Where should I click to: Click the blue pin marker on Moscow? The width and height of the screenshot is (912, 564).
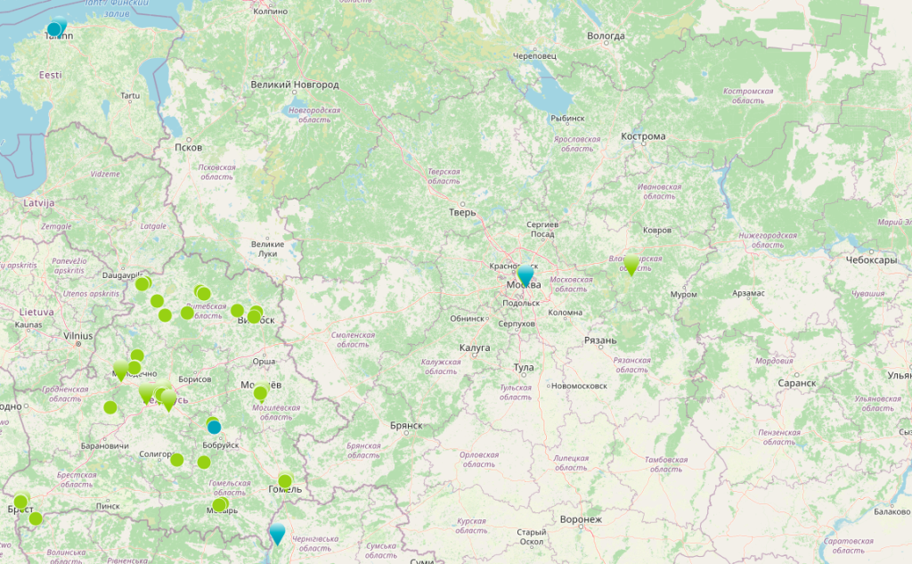click(x=525, y=275)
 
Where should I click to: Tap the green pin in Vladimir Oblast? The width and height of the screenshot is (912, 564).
click(x=631, y=264)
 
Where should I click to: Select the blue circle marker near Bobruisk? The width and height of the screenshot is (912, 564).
click(x=214, y=427)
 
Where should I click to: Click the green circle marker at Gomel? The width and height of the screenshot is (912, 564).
click(x=285, y=481)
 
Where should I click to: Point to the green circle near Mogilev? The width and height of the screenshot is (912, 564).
click(x=260, y=393)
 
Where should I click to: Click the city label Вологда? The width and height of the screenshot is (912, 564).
click(x=606, y=37)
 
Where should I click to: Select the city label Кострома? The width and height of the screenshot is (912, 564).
click(x=643, y=136)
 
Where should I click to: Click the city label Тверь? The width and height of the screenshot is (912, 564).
click(x=463, y=212)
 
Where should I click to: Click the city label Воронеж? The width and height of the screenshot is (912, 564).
click(x=581, y=519)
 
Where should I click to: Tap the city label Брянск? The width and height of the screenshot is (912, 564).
click(x=405, y=426)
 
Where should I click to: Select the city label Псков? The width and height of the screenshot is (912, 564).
click(x=189, y=147)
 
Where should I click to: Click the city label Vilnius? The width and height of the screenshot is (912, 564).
click(x=78, y=336)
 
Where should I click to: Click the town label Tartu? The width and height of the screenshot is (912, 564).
click(x=131, y=95)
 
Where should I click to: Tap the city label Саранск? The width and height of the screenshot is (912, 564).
click(x=796, y=383)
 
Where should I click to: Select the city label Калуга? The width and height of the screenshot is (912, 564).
click(x=475, y=347)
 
